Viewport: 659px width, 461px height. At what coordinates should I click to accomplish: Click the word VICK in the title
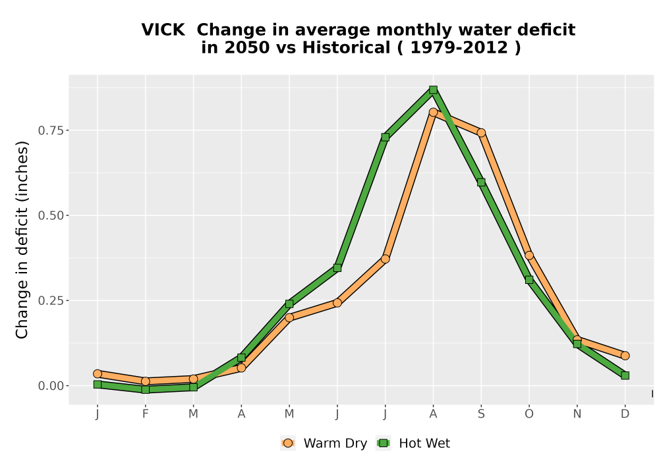[163, 30]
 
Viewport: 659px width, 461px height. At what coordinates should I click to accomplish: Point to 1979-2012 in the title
[459, 47]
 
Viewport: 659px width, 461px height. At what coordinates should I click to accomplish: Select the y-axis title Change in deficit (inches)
[22, 240]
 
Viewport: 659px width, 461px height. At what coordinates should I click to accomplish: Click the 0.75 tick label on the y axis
[51, 130]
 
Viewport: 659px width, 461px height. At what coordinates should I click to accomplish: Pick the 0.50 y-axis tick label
[51, 216]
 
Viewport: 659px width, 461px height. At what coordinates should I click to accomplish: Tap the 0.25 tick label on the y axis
[51, 300]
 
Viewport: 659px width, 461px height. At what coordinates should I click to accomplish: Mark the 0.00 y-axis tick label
[51, 386]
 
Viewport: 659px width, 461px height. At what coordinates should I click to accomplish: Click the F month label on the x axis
[146, 414]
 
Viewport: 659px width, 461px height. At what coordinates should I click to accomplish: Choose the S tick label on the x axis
[481, 414]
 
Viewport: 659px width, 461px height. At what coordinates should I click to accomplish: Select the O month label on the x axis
[529, 414]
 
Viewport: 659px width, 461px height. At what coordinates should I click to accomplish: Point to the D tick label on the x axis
[625, 414]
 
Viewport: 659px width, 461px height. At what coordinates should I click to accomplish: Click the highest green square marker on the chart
[434, 90]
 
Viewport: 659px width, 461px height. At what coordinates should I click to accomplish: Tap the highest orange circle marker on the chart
[434, 112]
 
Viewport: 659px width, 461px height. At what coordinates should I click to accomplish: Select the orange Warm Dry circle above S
[481, 132]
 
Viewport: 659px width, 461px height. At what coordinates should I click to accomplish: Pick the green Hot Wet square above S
[481, 182]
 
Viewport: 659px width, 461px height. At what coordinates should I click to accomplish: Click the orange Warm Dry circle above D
[625, 356]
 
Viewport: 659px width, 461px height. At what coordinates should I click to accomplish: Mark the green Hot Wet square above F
[146, 390]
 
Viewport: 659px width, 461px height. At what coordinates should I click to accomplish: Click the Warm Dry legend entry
[324, 443]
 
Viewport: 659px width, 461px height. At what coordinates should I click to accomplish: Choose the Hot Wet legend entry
[413, 443]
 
